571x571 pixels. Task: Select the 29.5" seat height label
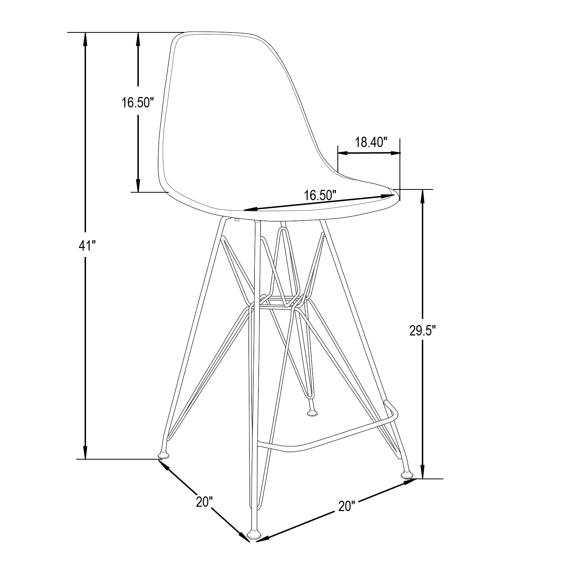point(423,331)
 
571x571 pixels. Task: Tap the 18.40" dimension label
point(371,142)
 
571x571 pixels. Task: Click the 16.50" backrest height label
point(137,102)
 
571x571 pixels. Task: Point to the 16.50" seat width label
point(320,195)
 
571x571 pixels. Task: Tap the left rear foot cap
point(164,456)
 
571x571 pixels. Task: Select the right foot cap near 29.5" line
point(407,475)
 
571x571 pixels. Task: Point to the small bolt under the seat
point(237,220)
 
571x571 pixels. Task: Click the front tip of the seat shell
point(395,194)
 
